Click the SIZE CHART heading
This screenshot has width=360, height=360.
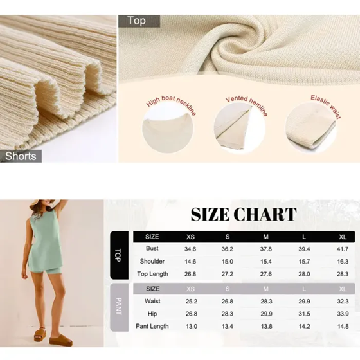point(244,215)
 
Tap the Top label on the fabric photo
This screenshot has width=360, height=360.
point(137,21)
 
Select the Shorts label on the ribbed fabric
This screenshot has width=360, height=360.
point(21,156)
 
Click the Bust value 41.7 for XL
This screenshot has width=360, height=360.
point(343,249)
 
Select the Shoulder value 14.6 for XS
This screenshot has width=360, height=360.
point(190,262)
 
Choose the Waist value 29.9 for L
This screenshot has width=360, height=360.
point(305,301)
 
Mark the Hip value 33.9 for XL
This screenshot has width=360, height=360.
point(343,314)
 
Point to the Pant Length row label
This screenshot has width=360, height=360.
point(152,327)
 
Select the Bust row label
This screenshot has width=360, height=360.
point(152,249)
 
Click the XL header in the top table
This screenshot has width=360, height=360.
point(343,237)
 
